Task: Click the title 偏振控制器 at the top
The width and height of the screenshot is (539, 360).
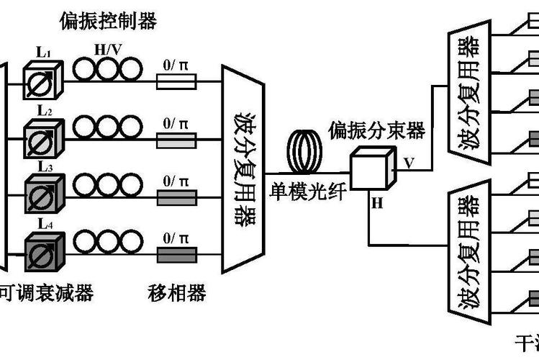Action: click(x=114, y=21)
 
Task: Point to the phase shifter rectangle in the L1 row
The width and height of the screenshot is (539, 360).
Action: click(x=176, y=85)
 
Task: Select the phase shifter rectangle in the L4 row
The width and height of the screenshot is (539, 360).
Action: click(x=176, y=255)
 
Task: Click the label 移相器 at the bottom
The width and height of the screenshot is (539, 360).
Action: click(x=177, y=293)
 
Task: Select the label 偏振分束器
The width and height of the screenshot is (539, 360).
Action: click(x=376, y=130)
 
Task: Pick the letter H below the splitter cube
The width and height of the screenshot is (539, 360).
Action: click(x=377, y=203)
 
